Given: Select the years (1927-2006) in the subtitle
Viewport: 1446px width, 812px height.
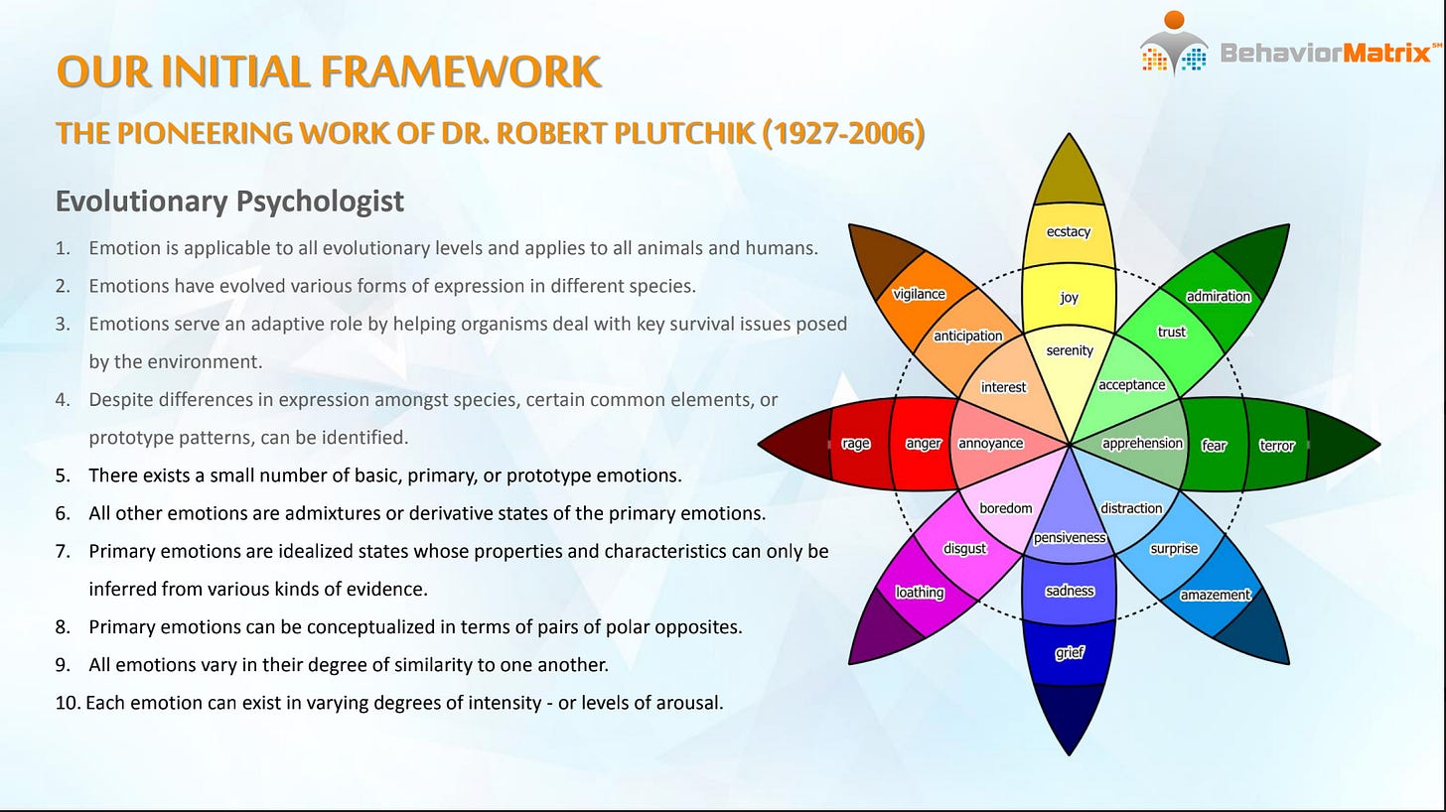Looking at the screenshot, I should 842,132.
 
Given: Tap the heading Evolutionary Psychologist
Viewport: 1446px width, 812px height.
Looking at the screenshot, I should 229,201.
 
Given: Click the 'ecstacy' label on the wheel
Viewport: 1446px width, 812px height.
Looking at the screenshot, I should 1069,232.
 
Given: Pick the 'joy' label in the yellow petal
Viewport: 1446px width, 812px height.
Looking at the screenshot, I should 1069,297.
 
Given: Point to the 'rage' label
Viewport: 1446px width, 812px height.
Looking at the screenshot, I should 855,444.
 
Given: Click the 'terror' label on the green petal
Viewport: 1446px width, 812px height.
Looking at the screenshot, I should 1277,445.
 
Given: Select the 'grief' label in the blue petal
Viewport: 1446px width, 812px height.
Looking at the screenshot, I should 1070,653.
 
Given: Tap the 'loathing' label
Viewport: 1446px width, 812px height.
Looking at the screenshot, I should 920,593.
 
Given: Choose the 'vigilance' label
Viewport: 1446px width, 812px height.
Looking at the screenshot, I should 919,294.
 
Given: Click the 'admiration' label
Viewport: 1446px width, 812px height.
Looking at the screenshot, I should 1219,296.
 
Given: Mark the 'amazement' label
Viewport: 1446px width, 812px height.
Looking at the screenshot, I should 1215,595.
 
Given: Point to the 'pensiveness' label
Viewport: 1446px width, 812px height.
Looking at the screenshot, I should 1070,538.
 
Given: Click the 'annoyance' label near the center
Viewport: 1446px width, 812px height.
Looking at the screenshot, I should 990,444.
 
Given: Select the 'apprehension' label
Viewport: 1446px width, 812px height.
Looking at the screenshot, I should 1142,444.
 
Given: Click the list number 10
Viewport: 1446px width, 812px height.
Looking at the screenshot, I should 67,703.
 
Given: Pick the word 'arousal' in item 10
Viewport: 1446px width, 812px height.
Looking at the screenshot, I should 691,703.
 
